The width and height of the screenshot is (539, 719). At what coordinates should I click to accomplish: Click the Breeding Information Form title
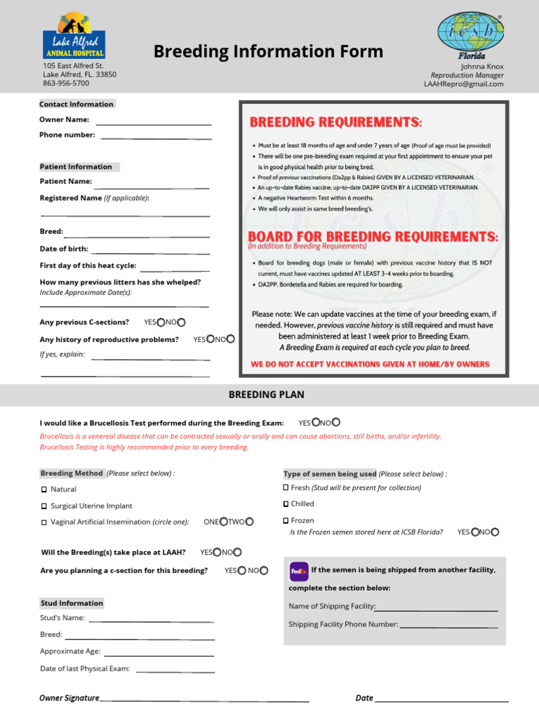tap(268, 51)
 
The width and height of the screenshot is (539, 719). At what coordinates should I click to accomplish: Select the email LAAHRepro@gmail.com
tap(463, 84)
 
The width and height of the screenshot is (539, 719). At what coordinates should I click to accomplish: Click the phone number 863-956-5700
tap(66, 83)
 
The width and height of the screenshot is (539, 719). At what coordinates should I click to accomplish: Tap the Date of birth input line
tap(150, 251)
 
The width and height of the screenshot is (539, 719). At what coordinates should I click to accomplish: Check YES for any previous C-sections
tap(161, 322)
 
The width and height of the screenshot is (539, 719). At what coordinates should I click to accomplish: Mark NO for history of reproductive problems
tap(231, 339)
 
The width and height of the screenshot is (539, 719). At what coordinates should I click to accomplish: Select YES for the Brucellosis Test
tap(315, 423)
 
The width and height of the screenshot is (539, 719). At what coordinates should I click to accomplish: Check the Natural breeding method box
tap(44, 489)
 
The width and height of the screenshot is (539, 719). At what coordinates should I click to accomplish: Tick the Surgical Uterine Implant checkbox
tap(44, 506)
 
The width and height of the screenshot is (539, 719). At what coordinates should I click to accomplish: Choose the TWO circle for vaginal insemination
tap(249, 522)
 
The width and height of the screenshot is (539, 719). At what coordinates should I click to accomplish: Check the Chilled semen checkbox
tap(286, 504)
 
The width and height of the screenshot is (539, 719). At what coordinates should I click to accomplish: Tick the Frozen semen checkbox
tap(286, 520)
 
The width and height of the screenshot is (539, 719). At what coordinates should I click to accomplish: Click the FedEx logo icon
tap(299, 571)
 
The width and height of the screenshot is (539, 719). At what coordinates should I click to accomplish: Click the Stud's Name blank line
tap(151, 620)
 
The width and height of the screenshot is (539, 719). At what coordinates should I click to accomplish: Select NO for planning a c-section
tap(264, 571)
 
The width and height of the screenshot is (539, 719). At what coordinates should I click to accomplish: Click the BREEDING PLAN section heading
tap(267, 395)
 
